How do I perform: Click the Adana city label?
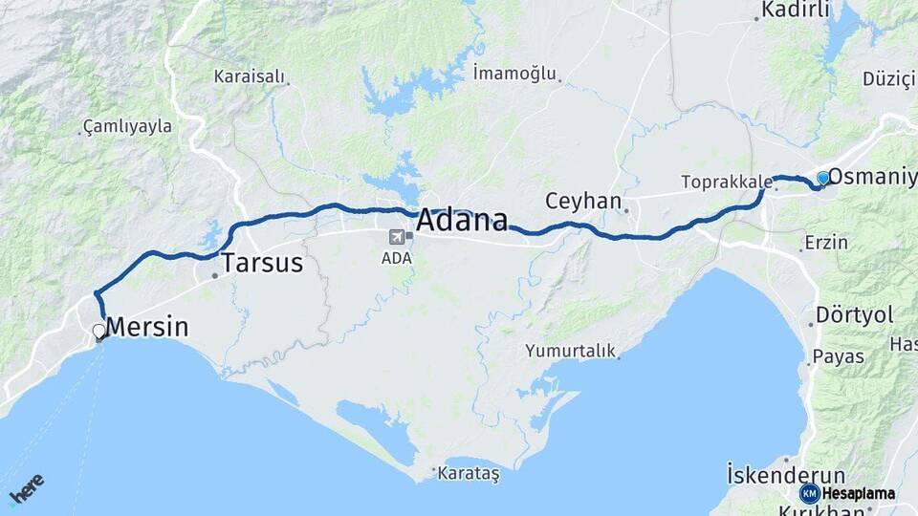462,221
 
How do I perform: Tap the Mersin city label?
147,327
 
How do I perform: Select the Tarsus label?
262,263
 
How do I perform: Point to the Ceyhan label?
582,202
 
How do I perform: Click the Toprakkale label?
726,182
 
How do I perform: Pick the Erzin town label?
826,242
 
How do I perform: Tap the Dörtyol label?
854,314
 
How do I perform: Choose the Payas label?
838,356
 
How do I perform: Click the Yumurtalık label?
570,351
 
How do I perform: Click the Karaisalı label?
248,75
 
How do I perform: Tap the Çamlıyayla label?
127,125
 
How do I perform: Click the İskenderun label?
786,475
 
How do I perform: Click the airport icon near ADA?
396,236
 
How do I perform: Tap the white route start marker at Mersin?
99,332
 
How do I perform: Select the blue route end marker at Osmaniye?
822,178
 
